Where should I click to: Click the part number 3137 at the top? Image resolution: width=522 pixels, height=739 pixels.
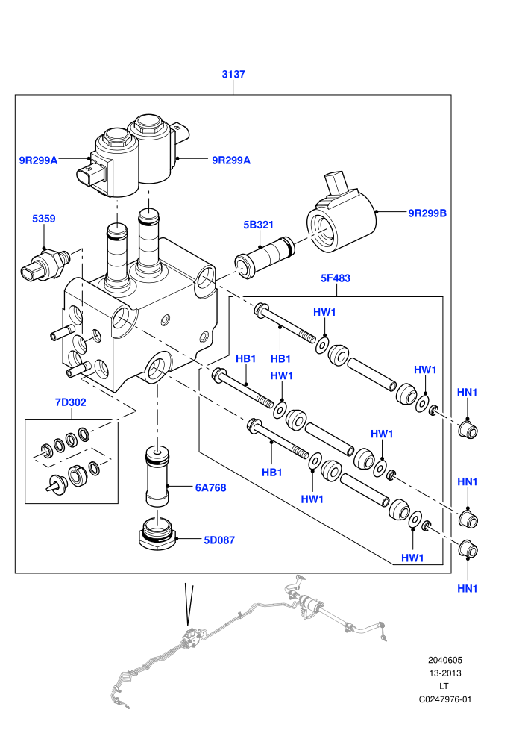pyautogui.click(x=233, y=74)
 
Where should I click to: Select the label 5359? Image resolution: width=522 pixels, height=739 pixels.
pyautogui.click(x=44, y=219)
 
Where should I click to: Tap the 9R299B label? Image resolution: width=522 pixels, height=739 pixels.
pyautogui.click(x=427, y=213)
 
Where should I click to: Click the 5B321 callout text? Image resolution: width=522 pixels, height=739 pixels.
pyautogui.click(x=259, y=225)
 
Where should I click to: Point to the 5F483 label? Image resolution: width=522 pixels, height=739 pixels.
pyautogui.click(x=336, y=278)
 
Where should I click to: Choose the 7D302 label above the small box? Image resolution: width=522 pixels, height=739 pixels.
pyautogui.click(x=71, y=402)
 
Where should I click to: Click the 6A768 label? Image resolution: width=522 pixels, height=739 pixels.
pyautogui.click(x=211, y=487)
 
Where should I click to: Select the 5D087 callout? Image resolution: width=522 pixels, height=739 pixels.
pyautogui.click(x=219, y=540)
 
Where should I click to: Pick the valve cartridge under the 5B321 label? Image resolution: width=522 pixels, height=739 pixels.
pyautogui.click(x=265, y=258)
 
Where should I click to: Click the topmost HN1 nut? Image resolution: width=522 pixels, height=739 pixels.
pyautogui.click(x=468, y=430)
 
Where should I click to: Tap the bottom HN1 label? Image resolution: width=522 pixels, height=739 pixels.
pyautogui.click(x=468, y=588)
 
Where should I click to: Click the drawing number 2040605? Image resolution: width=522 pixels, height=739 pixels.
pyautogui.click(x=444, y=660)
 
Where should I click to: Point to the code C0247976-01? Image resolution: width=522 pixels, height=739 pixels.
pyautogui.click(x=444, y=699)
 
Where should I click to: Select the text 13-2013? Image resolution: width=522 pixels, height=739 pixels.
pyautogui.click(x=444, y=673)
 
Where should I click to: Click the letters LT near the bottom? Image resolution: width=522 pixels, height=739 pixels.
pyautogui.click(x=444, y=686)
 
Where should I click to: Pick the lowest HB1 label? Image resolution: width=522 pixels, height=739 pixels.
pyautogui.click(x=272, y=473)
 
